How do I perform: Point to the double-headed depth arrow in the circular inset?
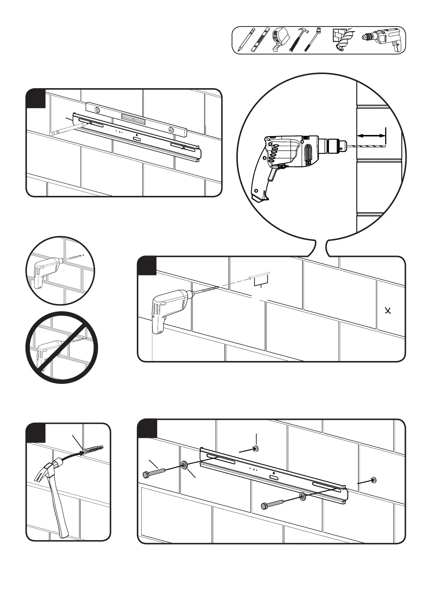pyautogui.click(x=371, y=135)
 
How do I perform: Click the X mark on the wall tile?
pyautogui.click(x=388, y=311)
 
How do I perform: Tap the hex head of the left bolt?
pyautogui.click(x=145, y=475)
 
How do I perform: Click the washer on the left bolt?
pyautogui.click(x=184, y=465)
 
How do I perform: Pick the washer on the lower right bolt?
pyautogui.click(x=302, y=496)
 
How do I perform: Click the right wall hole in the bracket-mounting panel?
pyautogui.click(x=374, y=480)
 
